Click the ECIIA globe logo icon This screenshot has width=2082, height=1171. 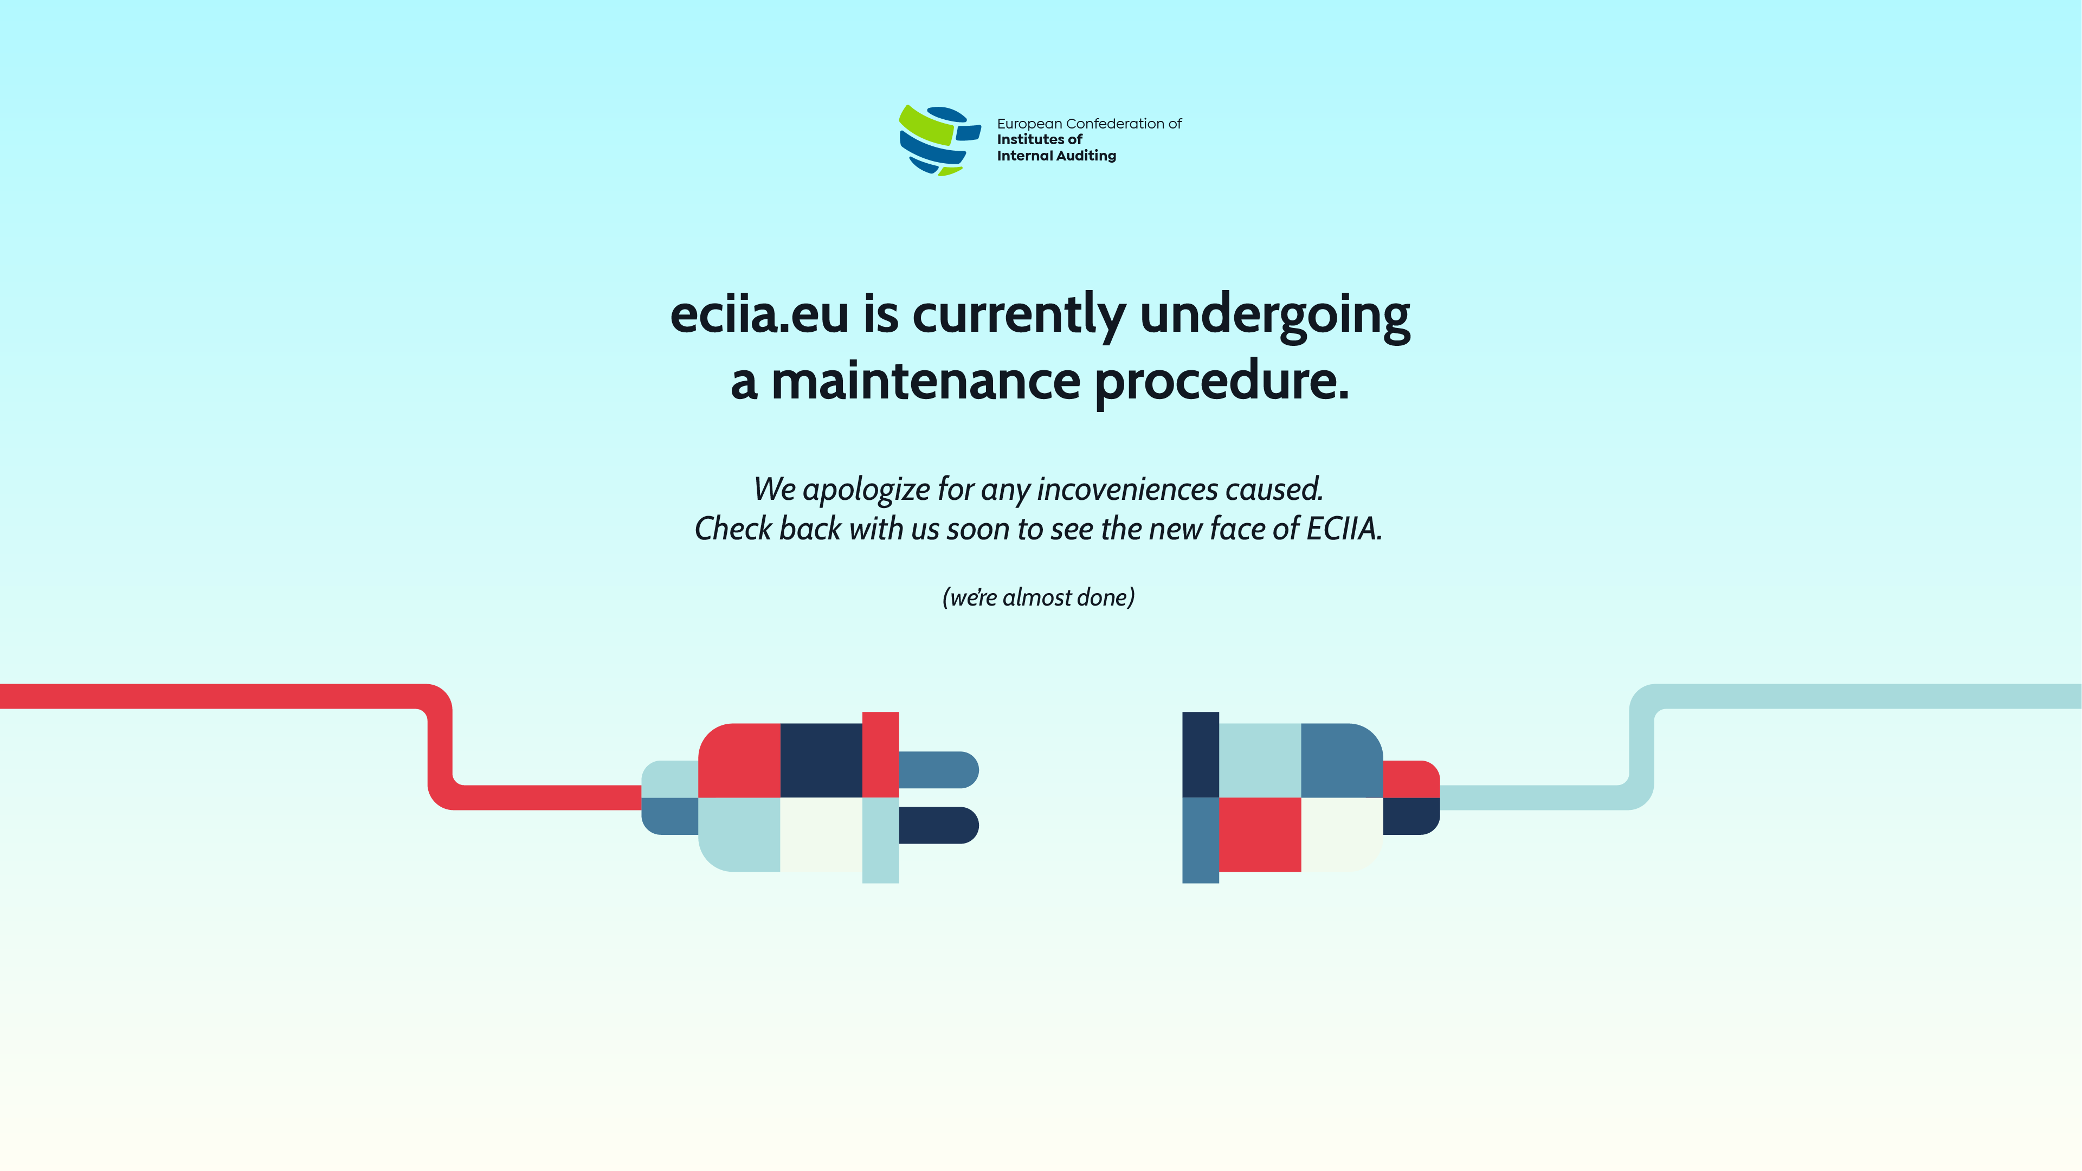940,140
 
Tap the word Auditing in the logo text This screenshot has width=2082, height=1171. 1086,156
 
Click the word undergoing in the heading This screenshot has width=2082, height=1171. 1275,315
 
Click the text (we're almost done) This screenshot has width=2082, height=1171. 1039,597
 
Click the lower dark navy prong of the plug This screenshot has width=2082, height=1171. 938,825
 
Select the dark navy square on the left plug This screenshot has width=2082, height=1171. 821,761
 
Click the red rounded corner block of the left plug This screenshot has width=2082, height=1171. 739,761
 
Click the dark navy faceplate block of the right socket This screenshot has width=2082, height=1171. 1200,755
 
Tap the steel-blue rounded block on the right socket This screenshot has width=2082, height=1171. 1342,761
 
